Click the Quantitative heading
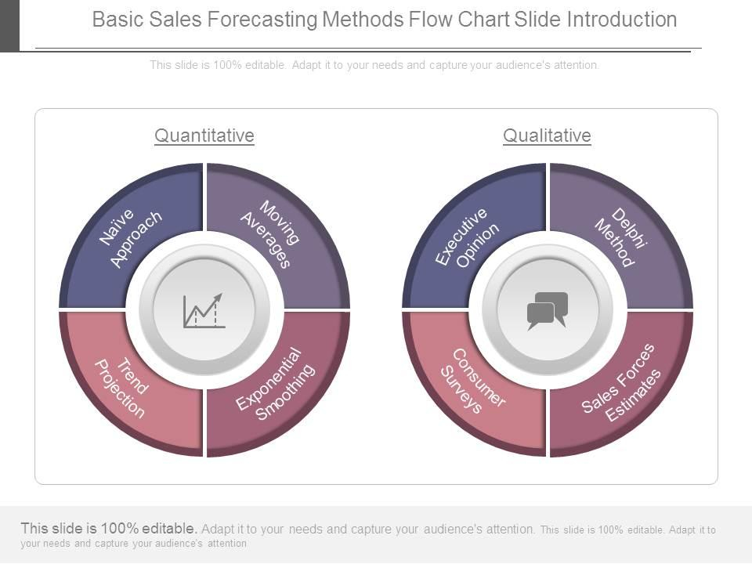pyautogui.click(x=204, y=136)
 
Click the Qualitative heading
pyautogui.click(x=547, y=136)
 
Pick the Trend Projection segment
pyautogui.click(x=122, y=389)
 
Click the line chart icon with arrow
pyautogui.click(x=204, y=311)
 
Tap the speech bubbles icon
pyautogui.click(x=548, y=311)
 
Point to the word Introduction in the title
pyautogui.click(x=622, y=20)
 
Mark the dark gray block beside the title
pyautogui.click(x=9, y=25)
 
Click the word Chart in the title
pyautogui.click(x=483, y=20)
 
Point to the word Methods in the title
pyautogui.click(x=363, y=20)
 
